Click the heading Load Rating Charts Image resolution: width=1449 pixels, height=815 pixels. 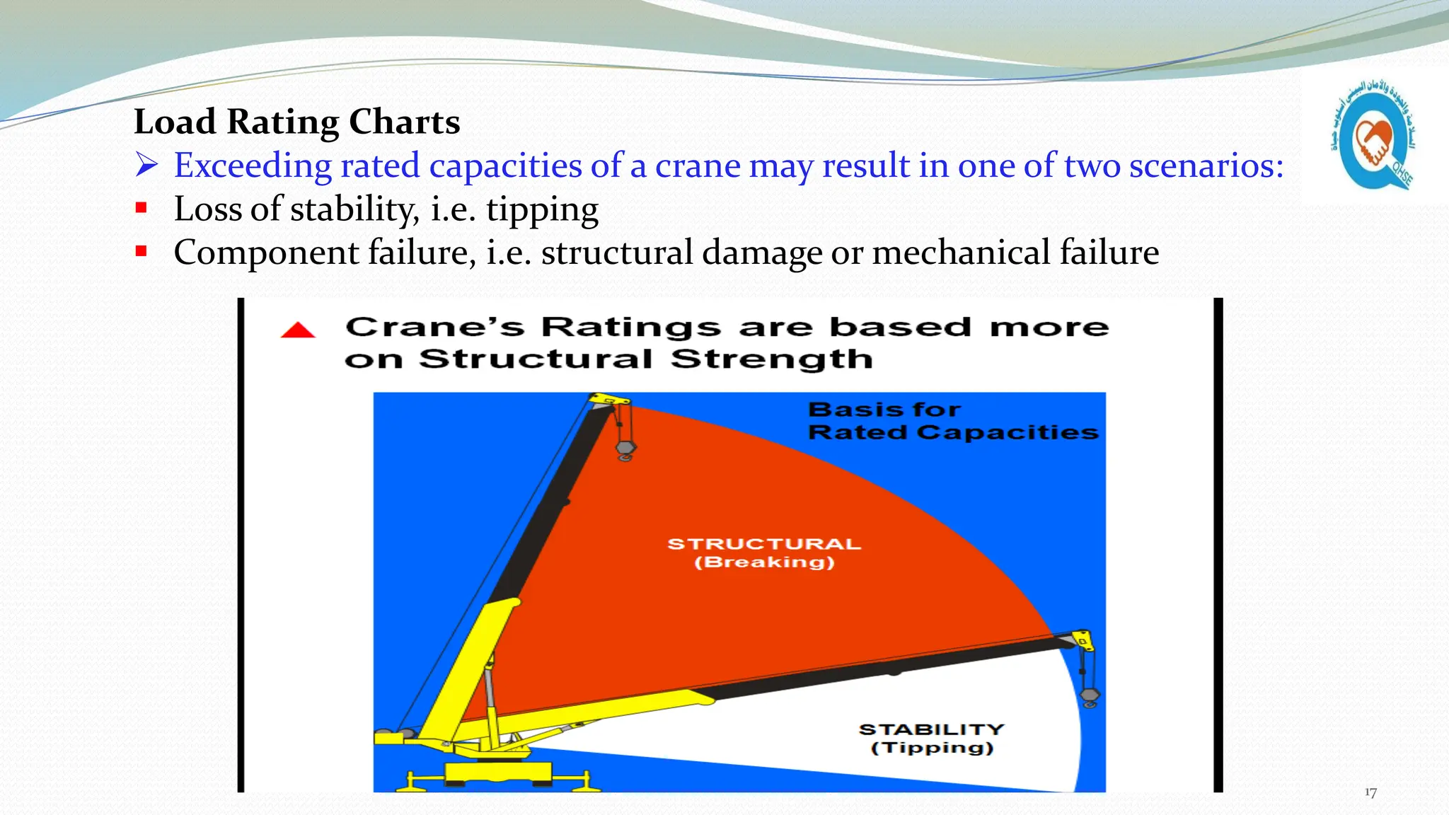tap(296, 122)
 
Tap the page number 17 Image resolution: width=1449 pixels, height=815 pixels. tap(1370, 792)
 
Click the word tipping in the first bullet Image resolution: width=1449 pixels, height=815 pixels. tap(542, 209)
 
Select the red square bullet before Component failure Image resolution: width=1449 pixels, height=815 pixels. tap(142, 251)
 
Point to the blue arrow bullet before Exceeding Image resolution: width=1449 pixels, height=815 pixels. tap(146, 165)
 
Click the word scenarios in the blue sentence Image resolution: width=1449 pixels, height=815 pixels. tap(1206, 166)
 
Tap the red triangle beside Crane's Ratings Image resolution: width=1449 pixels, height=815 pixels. tap(298, 330)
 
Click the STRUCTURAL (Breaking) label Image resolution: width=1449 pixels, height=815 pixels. tap(764, 553)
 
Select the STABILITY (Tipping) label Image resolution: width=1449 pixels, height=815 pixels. tap(932, 738)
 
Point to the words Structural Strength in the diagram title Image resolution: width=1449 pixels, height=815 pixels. tap(645, 359)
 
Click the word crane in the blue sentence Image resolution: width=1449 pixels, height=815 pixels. tap(697, 166)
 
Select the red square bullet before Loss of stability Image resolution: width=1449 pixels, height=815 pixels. tap(142, 208)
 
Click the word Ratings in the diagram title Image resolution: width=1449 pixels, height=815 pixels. tap(631, 328)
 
